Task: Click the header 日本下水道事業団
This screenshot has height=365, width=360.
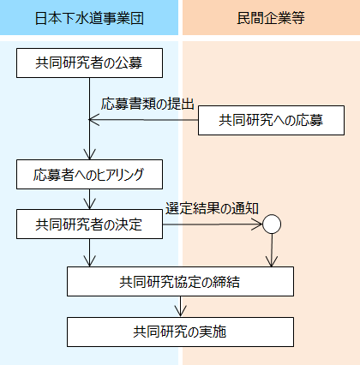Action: point(89,17)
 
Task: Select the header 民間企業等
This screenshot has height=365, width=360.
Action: point(271,17)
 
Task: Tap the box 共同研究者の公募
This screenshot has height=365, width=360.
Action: point(89,63)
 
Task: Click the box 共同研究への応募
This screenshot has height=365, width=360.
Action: point(271,120)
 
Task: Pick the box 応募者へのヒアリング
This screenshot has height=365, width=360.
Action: point(89,174)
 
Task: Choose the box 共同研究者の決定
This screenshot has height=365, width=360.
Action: point(89,224)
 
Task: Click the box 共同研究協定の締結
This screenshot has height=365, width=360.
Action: point(180,281)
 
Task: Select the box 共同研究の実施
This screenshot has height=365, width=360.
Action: point(180,332)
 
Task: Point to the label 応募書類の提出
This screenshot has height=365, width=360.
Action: point(147,104)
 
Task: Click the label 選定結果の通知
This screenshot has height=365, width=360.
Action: point(212,208)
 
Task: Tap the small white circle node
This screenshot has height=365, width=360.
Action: point(272,224)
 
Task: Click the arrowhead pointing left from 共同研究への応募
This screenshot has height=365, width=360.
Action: point(93,120)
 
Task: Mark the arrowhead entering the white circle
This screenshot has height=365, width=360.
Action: point(256,224)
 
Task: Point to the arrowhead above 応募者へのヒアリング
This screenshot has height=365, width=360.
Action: point(90,154)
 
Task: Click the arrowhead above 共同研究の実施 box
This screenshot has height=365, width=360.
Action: point(180,311)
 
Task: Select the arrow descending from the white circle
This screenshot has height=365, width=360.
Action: point(272,250)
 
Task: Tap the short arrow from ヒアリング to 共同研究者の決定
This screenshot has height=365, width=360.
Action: point(90,200)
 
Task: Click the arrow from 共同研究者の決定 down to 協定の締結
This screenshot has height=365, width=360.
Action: point(90,253)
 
